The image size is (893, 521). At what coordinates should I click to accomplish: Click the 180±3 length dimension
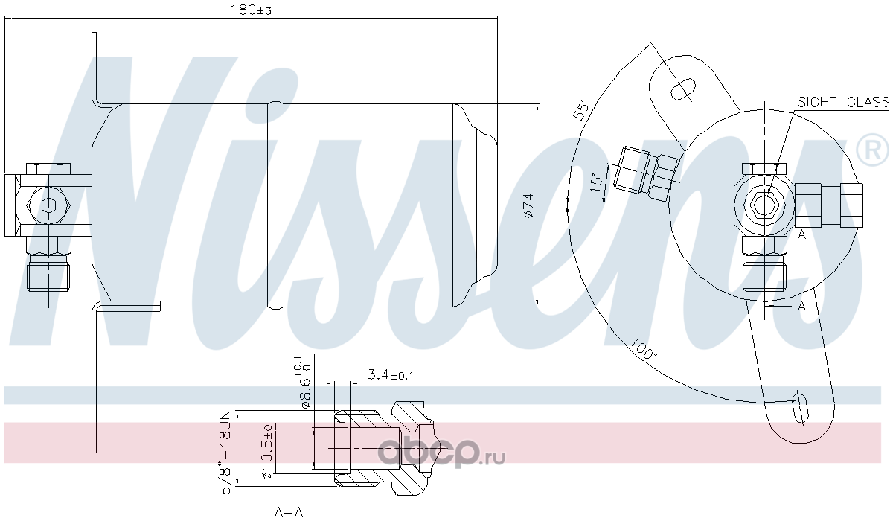251,10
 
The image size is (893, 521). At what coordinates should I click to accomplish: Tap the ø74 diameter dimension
528,205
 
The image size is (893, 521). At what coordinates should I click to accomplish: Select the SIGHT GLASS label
842,102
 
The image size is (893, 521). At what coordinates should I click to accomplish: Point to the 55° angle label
581,109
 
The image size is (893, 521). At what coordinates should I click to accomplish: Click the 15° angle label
595,182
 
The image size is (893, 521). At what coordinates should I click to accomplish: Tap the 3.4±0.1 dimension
391,374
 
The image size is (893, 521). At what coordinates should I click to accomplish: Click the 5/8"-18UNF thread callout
225,449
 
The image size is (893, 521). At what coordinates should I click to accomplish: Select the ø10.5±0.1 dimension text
266,448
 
